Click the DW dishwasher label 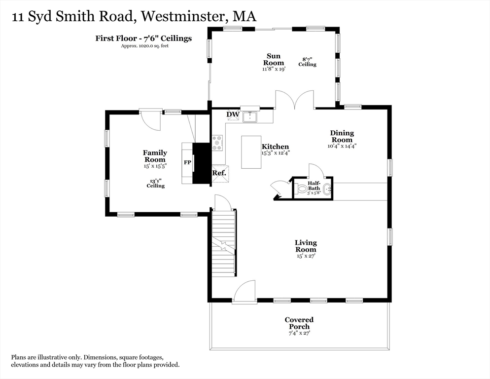(233, 115)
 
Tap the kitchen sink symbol (250, 117)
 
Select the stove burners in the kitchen (217, 143)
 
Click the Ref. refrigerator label (219, 173)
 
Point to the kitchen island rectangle (251, 152)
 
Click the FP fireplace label (187, 162)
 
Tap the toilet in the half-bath (301, 189)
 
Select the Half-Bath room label (314, 186)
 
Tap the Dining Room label (342, 136)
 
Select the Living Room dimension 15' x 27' (306, 256)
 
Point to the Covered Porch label (299, 323)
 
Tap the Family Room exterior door (151, 119)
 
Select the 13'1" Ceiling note (155, 183)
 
